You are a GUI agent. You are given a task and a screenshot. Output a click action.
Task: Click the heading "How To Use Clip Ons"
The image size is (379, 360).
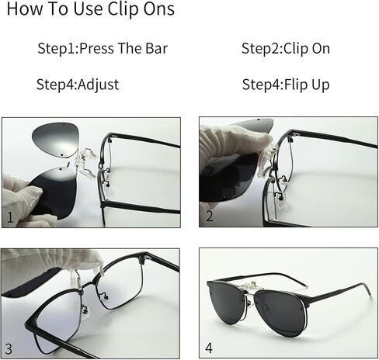[x=91, y=9]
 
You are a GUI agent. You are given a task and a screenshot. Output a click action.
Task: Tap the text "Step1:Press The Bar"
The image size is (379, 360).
[x=103, y=48]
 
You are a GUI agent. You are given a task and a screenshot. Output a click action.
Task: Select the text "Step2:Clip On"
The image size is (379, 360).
[x=286, y=48]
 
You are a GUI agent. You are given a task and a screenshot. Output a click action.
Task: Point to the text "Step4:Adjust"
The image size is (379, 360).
[x=78, y=85]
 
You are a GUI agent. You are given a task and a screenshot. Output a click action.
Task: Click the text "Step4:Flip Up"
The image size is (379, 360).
[x=286, y=85]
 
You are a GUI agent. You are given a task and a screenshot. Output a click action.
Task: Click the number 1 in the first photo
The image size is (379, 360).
[x=10, y=217]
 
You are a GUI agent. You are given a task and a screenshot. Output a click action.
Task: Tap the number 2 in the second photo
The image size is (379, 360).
[x=209, y=216]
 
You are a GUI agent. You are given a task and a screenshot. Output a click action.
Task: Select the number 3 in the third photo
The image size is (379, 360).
[x=9, y=349]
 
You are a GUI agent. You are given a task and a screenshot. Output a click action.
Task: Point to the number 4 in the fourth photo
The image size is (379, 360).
[x=209, y=348]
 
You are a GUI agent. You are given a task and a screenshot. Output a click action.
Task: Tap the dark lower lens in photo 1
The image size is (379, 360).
[x=53, y=192]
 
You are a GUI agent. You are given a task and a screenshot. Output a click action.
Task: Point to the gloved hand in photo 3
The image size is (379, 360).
[x=52, y=262]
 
